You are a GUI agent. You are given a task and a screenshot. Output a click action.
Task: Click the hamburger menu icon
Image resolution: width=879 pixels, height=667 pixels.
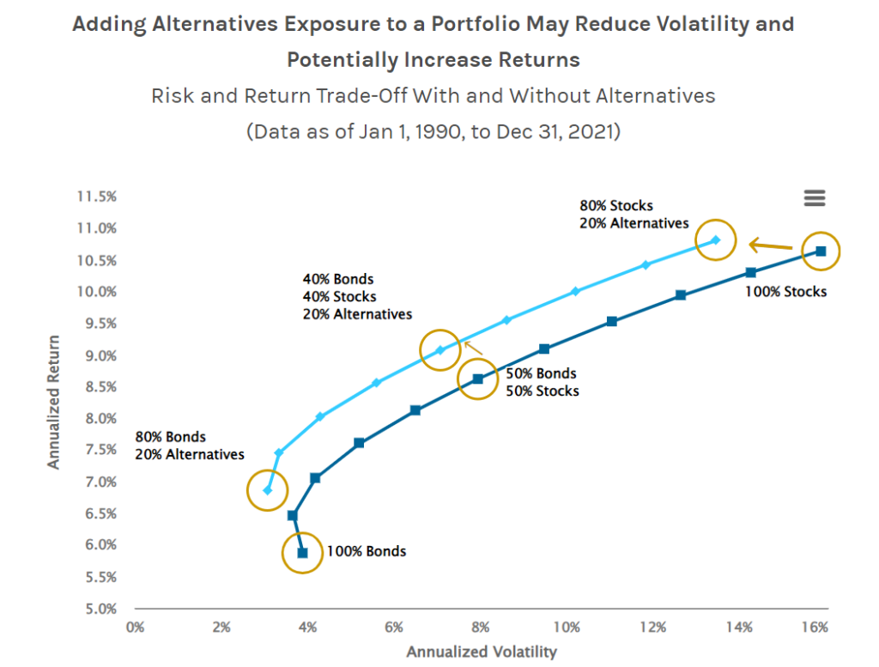point(814,198)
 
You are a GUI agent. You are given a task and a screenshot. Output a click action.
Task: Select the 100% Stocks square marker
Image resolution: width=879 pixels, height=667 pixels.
point(821,252)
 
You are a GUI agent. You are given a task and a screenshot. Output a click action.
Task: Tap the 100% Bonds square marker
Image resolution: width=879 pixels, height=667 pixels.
point(302,553)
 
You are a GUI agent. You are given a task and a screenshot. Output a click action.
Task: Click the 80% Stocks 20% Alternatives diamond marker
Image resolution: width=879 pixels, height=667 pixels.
point(715,240)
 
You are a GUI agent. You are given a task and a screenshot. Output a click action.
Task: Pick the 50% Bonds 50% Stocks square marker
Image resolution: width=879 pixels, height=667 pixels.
point(478,379)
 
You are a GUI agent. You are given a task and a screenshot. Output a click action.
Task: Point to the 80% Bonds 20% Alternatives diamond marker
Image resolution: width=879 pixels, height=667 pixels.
point(268,490)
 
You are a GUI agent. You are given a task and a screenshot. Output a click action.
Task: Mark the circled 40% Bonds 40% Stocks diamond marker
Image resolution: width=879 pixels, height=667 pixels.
point(440,350)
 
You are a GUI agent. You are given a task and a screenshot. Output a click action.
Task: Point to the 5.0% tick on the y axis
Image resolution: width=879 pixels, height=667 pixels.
point(100,609)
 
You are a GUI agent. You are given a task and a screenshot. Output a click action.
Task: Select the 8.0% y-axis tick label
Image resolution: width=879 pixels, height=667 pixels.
point(100,418)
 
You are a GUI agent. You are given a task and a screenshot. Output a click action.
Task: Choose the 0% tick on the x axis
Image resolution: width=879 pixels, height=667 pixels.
point(134,627)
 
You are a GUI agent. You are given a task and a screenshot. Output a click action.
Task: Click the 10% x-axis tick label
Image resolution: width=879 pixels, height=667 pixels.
point(566,627)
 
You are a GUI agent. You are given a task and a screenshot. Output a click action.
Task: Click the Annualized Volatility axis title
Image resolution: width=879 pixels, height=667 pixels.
point(482,652)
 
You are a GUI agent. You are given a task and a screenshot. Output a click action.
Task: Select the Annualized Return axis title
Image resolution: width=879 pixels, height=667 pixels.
point(54,402)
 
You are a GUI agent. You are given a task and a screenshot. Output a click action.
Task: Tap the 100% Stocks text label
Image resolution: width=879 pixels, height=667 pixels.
point(785,292)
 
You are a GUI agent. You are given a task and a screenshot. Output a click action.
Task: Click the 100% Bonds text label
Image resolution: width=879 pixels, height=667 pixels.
point(367,551)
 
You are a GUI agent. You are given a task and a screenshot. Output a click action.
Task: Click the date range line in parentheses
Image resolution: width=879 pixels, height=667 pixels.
point(433,132)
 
